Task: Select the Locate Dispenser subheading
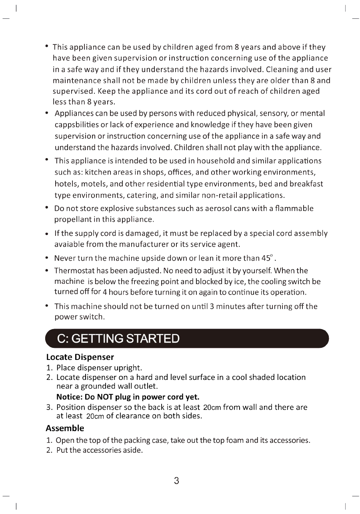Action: (x=80, y=357)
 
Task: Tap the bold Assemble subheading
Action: (x=65, y=428)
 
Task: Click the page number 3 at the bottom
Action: (x=176, y=481)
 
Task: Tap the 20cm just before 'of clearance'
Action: (x=95, y=416)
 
